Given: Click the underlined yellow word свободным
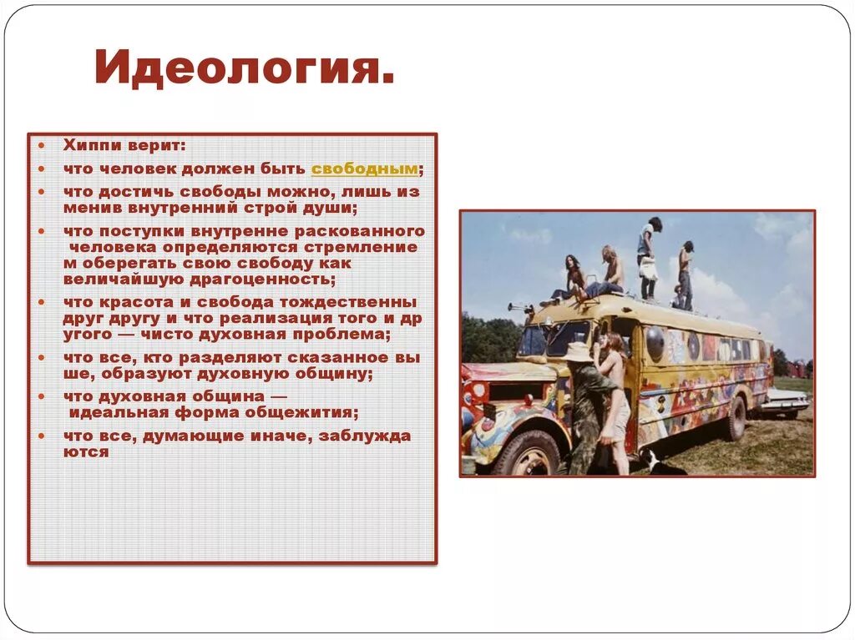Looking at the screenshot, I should (x=364, y=169).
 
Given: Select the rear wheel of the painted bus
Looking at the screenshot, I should (x=736, y=419).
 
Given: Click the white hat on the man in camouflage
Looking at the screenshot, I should (x=577, y=352).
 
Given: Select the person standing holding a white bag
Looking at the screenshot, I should (x=648, y=258).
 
